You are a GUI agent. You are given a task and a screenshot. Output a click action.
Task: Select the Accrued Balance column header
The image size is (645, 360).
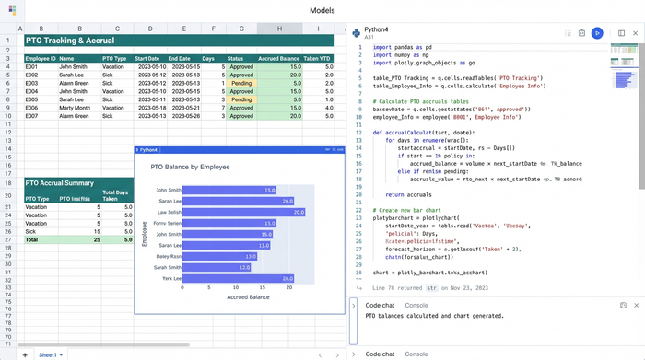(280, 58)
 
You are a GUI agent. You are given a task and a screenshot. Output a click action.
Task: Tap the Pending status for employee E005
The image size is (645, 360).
(240, 99)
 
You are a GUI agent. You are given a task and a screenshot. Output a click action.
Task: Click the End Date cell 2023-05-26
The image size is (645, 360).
(184, 116)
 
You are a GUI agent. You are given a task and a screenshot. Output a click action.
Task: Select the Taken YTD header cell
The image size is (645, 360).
(317, 58)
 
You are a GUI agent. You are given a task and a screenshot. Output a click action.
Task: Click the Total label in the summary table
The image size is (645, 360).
(32, 238)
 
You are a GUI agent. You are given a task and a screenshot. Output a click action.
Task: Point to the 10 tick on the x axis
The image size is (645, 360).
(238, 287)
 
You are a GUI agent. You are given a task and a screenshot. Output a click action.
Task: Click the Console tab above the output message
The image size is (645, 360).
(416, 304)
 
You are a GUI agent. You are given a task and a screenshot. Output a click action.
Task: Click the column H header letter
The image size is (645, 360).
(279, 29)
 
